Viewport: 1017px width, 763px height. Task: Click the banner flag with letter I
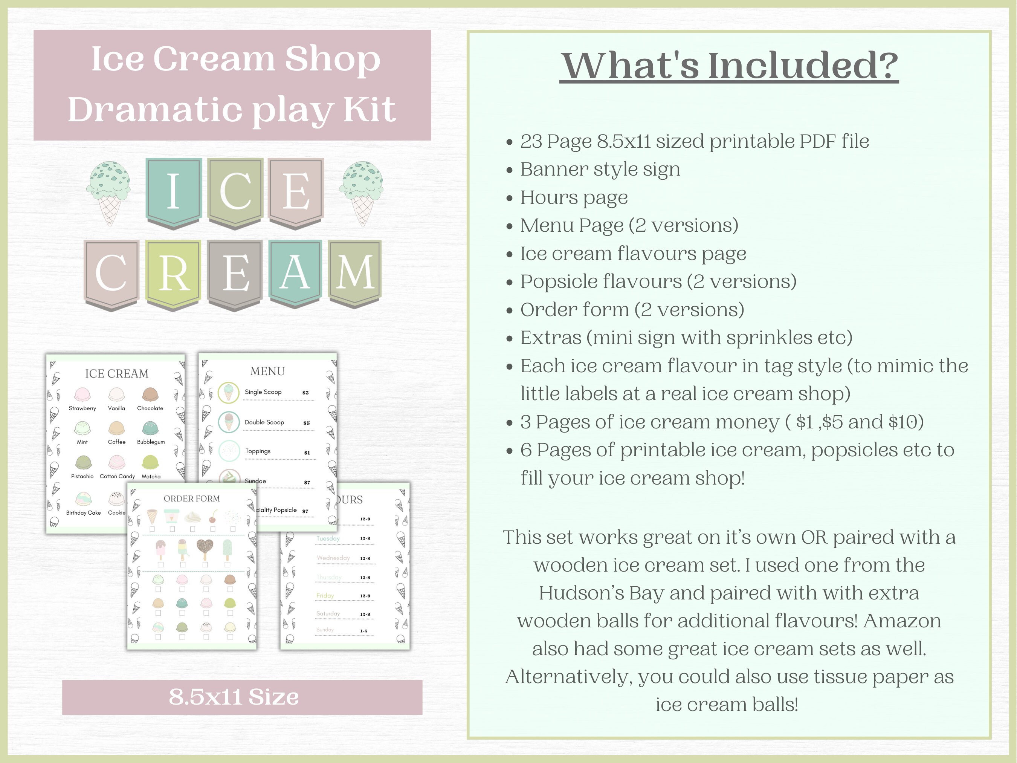click(x=173, y=191)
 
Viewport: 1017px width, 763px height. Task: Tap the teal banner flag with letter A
click(x=295, y=272)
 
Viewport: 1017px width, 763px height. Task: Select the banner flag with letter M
click(x=355, y=272)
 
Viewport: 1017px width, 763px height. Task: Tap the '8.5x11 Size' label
click(x=234, y=697)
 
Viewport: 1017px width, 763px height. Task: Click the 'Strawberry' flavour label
click(x=82, y=408)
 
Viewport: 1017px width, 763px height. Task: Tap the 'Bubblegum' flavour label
click(x=151, y=442)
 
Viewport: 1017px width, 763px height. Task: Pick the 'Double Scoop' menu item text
click(x=264, y=422)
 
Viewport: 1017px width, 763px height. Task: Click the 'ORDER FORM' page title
click(x=192, y=498)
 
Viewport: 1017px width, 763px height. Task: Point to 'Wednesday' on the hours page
click(x=333, y=558)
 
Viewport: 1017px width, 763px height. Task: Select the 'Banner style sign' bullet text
click(x=600, y=169)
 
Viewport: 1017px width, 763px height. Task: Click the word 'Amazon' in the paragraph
click(x=902, y=621)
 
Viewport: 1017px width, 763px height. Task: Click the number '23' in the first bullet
click(x=531, y=142)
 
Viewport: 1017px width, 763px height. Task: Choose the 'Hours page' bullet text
click(x=574, y=197)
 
